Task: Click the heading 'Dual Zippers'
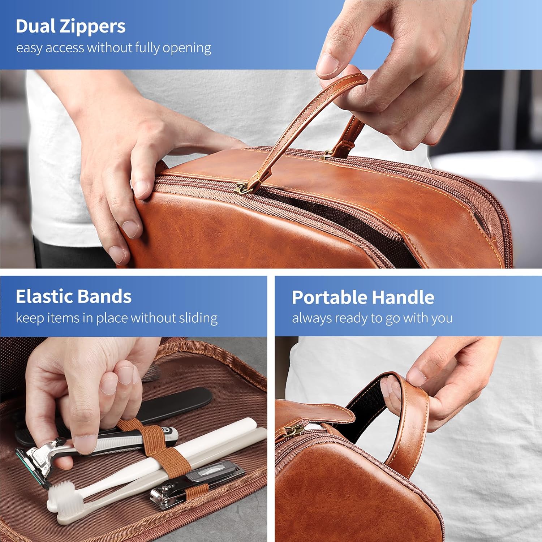(x=70, y=26)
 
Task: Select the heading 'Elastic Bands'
(x=73, y=296)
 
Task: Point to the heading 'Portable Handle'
(x=363, y=297)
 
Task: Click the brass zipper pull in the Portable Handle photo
(x=294, y=430)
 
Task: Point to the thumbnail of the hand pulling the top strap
(x=327, y=65)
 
